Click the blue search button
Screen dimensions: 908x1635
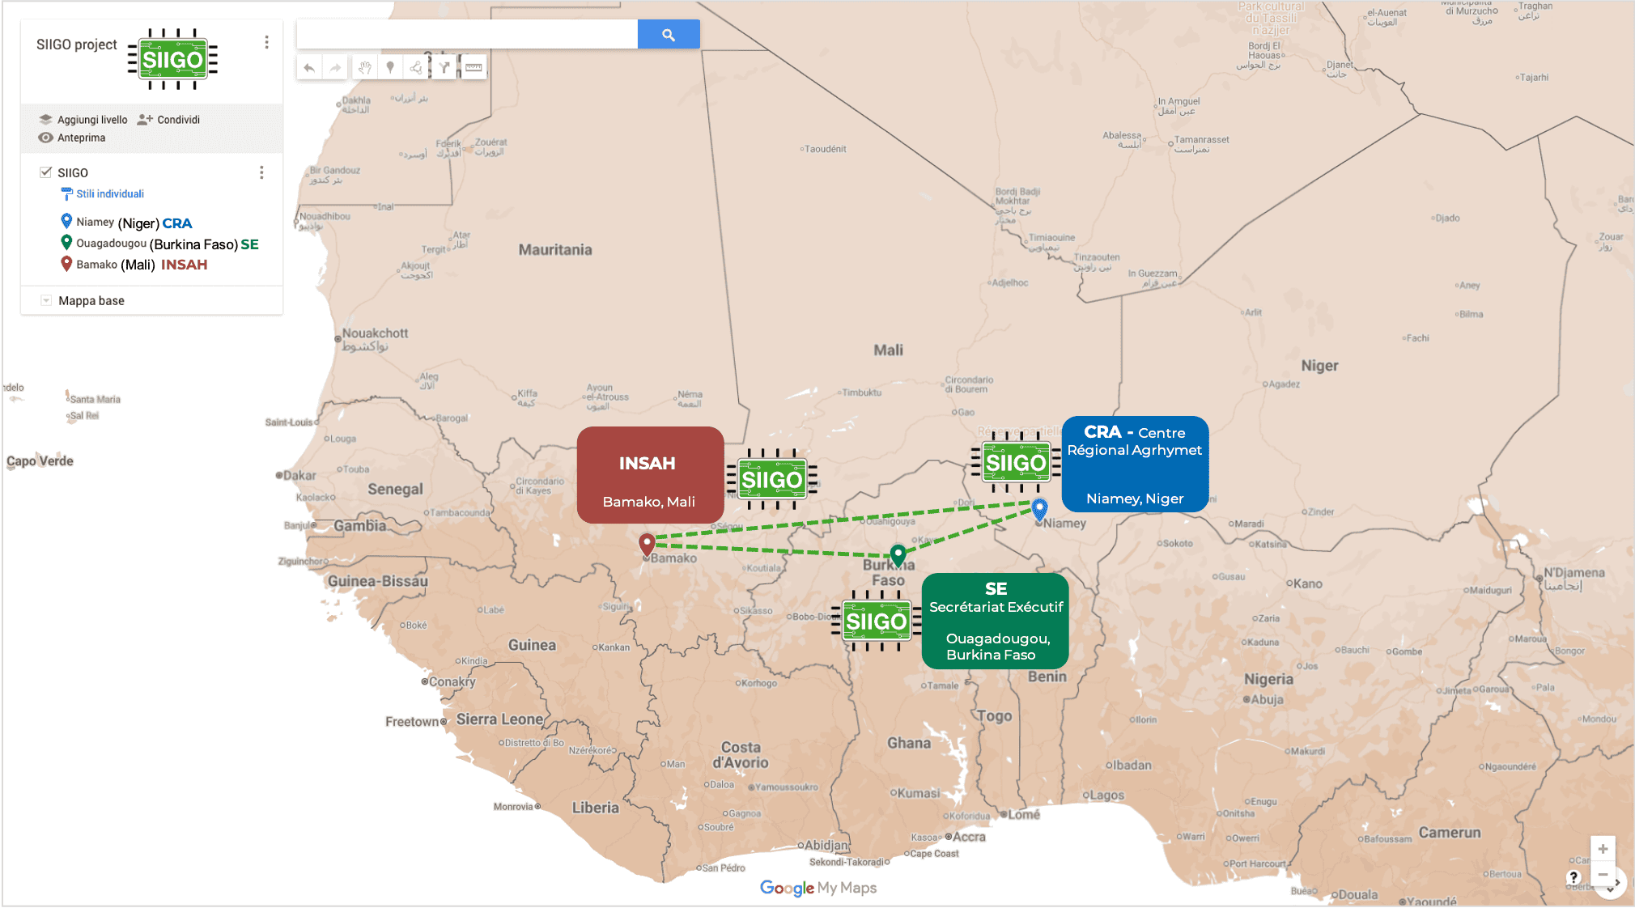point(668,35)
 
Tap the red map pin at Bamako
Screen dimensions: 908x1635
point(647,543)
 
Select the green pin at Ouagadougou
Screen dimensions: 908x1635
point(898,554)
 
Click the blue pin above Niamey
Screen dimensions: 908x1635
point(1039,508)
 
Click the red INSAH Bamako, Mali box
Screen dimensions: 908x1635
point(650,475)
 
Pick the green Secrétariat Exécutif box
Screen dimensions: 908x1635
point(995,621)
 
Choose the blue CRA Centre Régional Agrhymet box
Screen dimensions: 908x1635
point(1135,464)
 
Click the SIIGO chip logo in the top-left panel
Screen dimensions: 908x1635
point(172,59)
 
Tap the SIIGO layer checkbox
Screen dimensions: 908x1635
point(46,172)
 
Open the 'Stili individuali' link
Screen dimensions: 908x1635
point(109,194)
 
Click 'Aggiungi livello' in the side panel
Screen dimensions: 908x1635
point(91,120)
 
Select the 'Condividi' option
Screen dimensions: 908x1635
point(177,120)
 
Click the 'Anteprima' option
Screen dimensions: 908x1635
point(81,138)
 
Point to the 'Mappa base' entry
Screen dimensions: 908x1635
point(91,301)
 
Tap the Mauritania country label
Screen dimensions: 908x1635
point(555,250)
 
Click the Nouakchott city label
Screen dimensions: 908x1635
point(374,333)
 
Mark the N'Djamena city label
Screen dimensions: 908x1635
point(1573,573)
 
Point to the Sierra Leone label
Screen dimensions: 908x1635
point(499,719)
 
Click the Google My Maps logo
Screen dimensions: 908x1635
point(817,888)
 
